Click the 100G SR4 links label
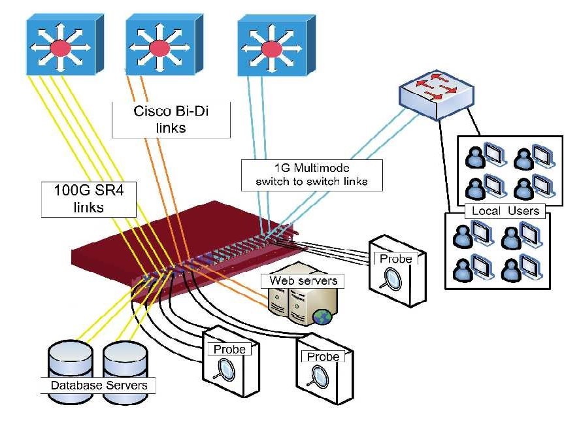88,199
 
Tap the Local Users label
505,210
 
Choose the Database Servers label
99,385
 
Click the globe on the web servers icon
322,317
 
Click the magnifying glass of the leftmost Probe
226,370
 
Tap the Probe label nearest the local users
396,259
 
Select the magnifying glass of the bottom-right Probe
320,376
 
